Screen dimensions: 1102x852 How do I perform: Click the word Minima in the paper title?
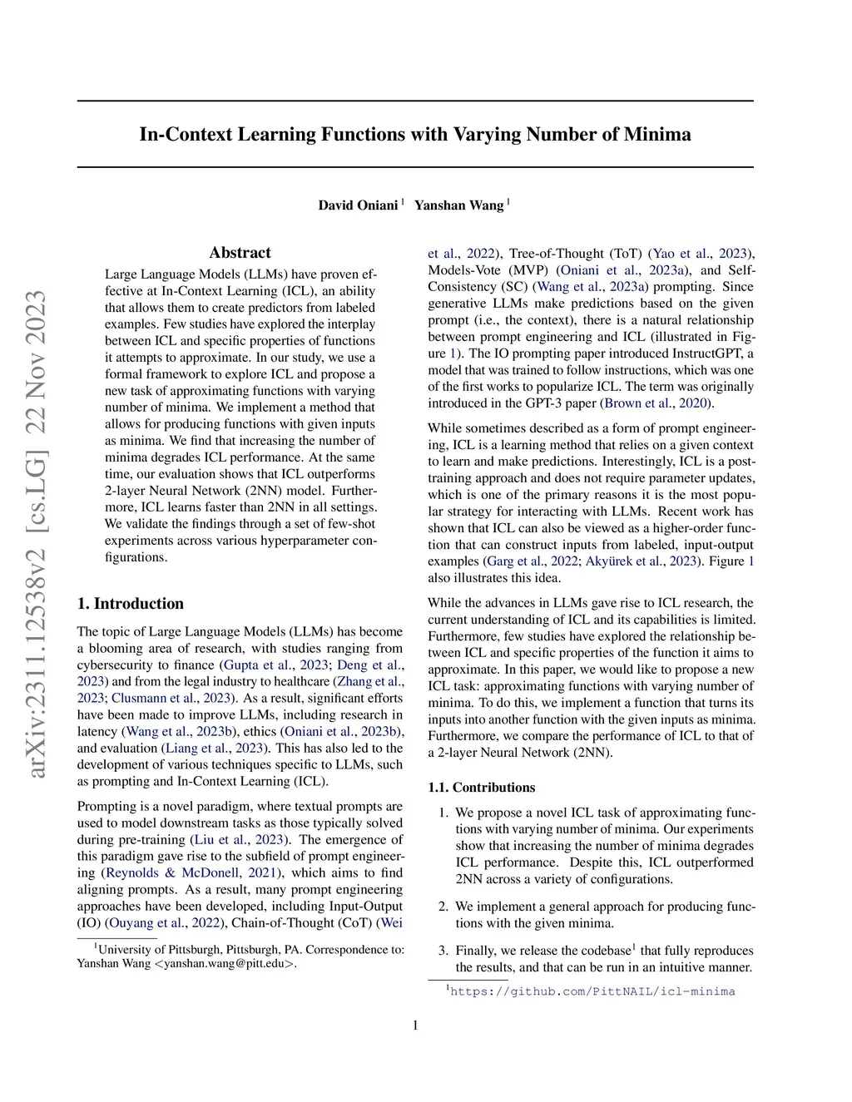point(657,135)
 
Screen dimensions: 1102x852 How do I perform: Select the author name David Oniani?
point(358,205)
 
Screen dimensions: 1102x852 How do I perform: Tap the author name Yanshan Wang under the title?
point(459,205)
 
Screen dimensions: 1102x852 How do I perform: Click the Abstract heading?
point(240,253)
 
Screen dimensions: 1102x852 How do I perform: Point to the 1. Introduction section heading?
point(131,604)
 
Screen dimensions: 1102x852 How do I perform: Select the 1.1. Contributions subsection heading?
point(482,788)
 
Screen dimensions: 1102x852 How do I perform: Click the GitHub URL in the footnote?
point(592,991)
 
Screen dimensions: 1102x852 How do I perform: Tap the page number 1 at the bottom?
point(415,1025)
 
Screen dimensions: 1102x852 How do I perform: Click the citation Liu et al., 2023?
point(240,839)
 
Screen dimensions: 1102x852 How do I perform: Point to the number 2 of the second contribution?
point(443,907)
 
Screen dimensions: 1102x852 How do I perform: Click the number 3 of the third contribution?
point(443,951)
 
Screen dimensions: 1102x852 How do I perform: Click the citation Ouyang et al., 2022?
point(163,922)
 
